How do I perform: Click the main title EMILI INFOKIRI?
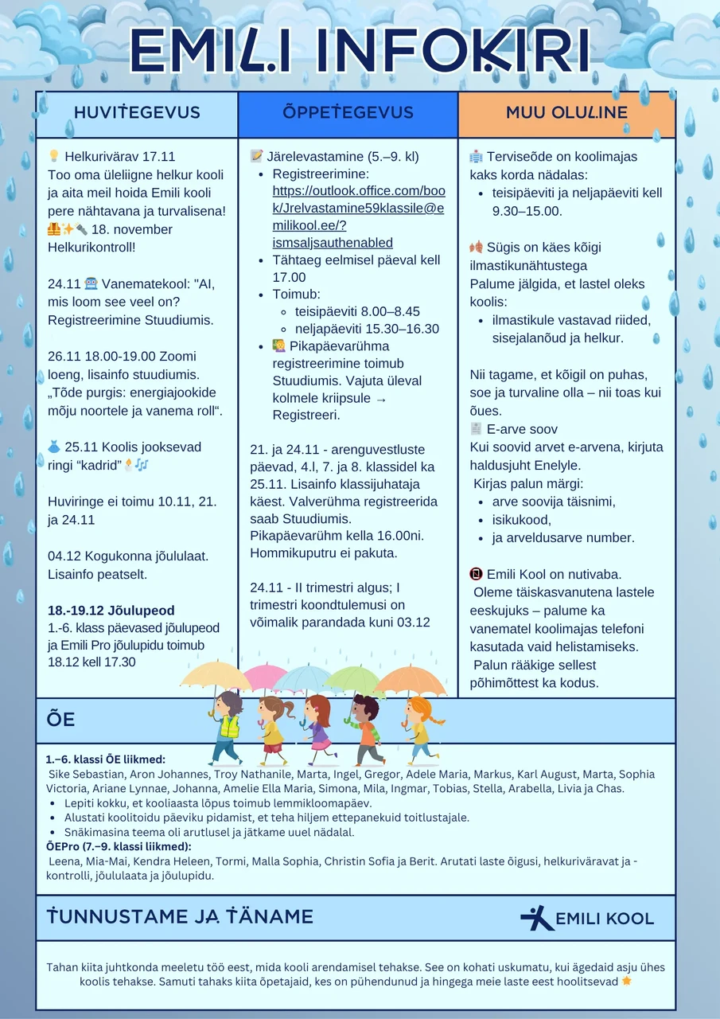360,52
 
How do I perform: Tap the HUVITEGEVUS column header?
137,113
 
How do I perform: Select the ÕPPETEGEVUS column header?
348,113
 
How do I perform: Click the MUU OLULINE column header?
566,113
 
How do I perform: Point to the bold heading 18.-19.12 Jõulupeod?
111,611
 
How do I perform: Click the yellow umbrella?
216,675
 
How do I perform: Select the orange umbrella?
411,681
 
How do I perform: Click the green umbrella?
355,679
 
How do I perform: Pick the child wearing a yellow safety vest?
228,724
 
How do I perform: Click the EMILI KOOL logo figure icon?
537,918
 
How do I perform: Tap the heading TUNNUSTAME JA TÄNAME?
180,917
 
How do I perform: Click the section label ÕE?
61,720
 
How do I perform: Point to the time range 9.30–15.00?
527,211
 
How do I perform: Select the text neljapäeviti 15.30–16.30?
367,329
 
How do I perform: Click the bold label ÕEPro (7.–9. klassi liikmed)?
119,846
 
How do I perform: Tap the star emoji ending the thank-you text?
627,981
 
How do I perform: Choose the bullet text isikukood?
521,520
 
